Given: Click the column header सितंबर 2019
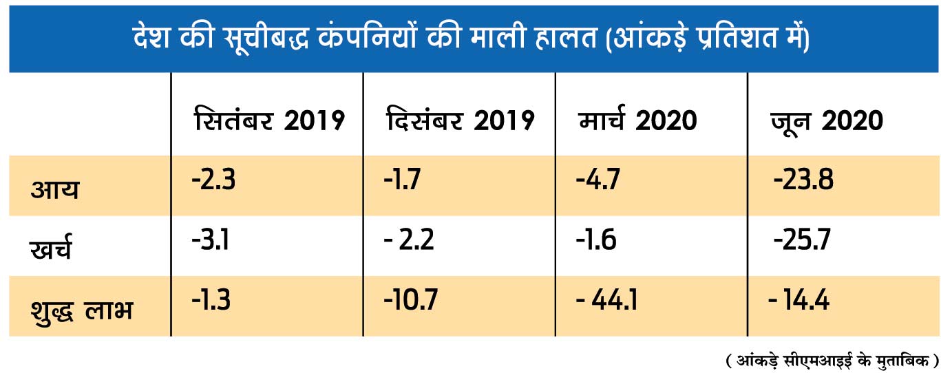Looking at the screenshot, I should click(269, 120).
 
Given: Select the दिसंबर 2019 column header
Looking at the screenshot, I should click(460, 120).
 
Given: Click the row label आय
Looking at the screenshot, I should click(55, 189).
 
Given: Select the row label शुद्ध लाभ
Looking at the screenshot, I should click(82, 309).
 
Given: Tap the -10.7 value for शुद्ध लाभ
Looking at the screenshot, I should click(410, 300).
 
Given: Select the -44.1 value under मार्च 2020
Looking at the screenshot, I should click(606, 300).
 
